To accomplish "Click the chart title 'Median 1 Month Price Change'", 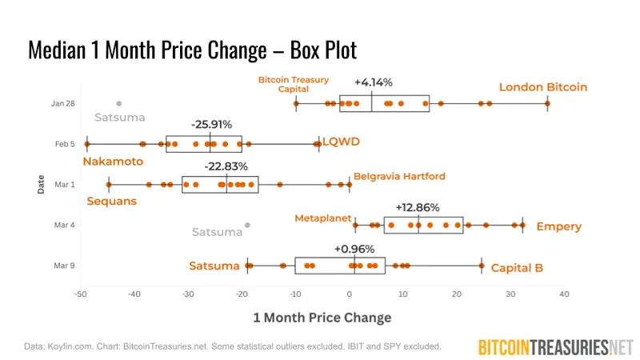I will [192, 50].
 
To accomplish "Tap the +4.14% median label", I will [373, 82].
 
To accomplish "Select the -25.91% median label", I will [211, 124].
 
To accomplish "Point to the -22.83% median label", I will [226, 166].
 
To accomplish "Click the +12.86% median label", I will [418, 207].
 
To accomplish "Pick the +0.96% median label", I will [354, 248].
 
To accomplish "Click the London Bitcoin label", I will [543, 87].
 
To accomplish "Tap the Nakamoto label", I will [113, 162].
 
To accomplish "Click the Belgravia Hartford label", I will [399, 176].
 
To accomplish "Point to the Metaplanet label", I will [323, 218].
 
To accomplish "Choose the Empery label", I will [558, 226].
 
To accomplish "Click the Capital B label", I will [517, 268].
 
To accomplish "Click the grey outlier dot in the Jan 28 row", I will [119, 103].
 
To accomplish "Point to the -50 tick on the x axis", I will [80, 294].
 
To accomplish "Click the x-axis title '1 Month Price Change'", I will [322, 318].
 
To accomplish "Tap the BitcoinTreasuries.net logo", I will [554, 346].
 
